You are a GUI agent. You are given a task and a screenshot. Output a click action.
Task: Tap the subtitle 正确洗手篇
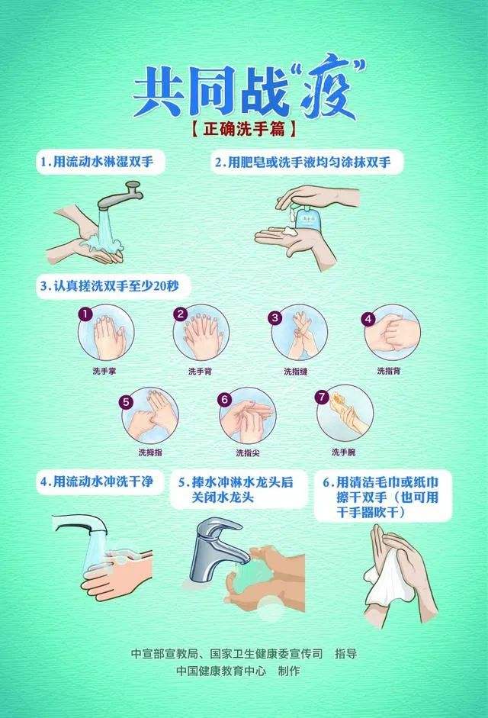tap(244, 130)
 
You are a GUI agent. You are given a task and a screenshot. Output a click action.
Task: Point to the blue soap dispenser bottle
tap(308, 218)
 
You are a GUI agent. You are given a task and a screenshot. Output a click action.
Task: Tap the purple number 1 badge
tap(86, 314)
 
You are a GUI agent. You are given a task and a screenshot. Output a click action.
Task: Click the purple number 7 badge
tap(322, 397)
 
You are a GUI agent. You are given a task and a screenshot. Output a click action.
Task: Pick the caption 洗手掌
tap(103, 372)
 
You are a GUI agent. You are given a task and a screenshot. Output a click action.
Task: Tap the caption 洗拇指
tap(149, 452)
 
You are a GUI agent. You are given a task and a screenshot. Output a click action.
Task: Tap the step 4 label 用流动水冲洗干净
tap(100, 482)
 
